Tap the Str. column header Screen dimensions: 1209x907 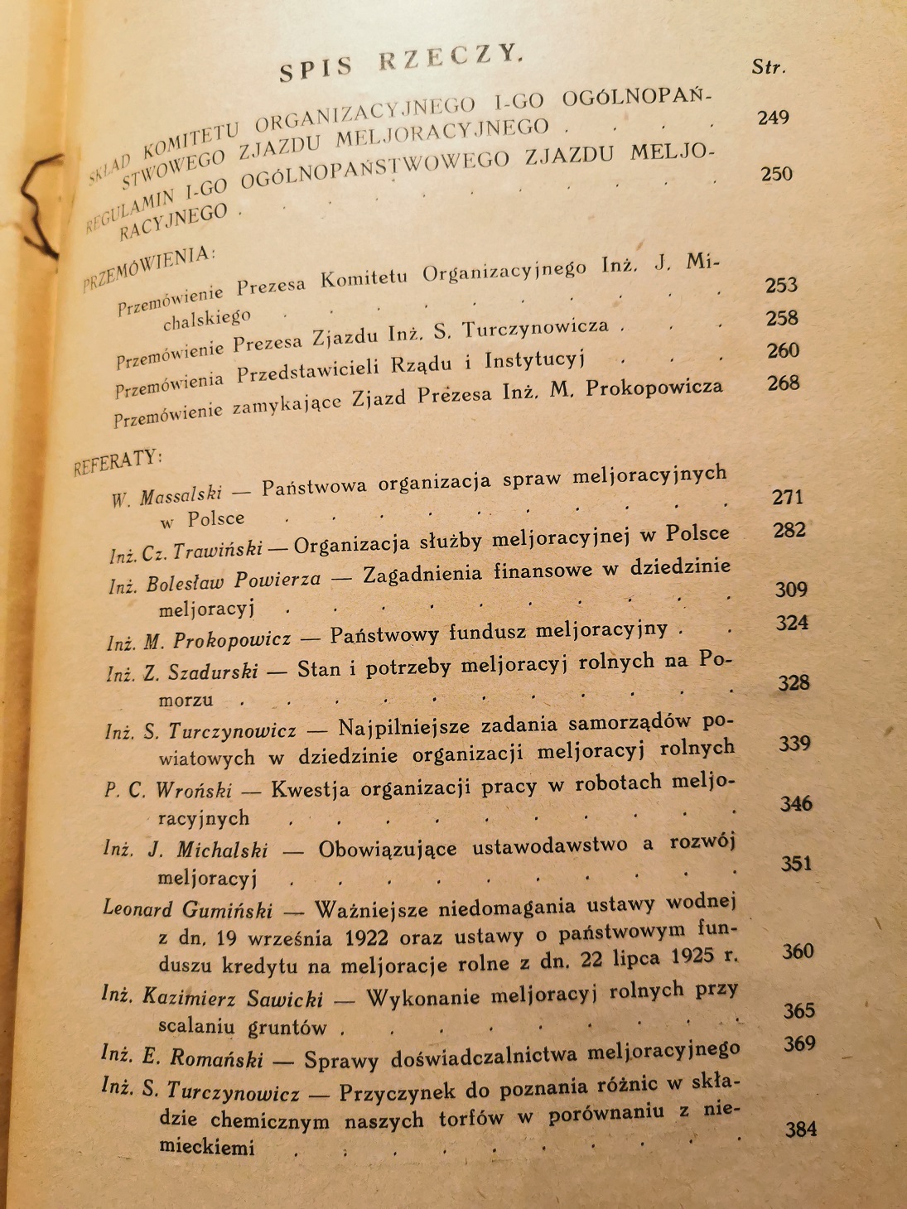[768, 67]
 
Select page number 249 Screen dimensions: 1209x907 [773, 118]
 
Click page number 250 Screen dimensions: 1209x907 [776, 174]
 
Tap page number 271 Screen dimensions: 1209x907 [788, 497]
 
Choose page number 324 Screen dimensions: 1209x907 [791, 623]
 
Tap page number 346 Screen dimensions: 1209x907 [796, 803]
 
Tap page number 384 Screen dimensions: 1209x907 [800, 1129]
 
